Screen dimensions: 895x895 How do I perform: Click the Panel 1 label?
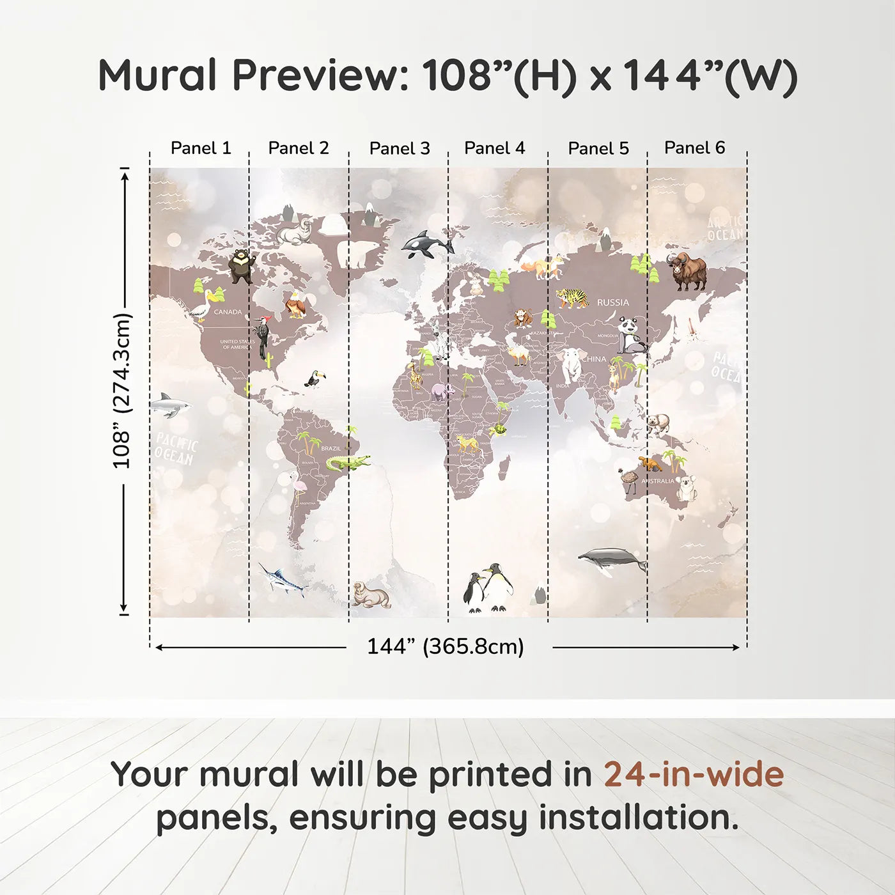201,148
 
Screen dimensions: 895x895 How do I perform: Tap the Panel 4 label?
494,148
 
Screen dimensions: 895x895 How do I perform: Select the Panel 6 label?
694,148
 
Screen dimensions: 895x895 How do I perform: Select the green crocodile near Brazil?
347,462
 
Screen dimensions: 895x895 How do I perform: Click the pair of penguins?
488,588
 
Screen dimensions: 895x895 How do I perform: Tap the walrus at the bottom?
371,595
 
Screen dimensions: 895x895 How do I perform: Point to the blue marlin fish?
283,579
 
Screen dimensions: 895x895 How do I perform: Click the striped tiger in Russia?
571,297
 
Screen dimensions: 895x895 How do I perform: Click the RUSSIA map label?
612,302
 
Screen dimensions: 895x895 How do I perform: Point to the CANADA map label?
228,312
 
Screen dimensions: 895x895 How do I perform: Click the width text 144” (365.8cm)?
445,646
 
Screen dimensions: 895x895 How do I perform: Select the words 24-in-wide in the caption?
694,774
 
